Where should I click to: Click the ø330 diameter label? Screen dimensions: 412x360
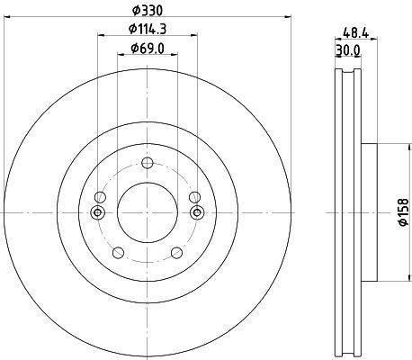click(148, 11)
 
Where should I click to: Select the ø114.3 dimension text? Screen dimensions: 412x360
click(148, 29)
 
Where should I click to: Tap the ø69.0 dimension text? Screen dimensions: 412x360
click(148, 48)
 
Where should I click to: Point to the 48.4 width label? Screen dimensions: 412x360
click(355, 32)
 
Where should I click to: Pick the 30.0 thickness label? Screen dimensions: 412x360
click(348, 50)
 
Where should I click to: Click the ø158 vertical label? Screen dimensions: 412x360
click(404, 212)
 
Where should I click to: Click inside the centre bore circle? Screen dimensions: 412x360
click(148, 212)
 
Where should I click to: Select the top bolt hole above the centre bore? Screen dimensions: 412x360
click(148, 163)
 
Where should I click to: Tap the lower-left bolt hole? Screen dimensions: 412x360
click(118, 252)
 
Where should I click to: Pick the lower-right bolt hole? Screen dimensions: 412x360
click(176, 252)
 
